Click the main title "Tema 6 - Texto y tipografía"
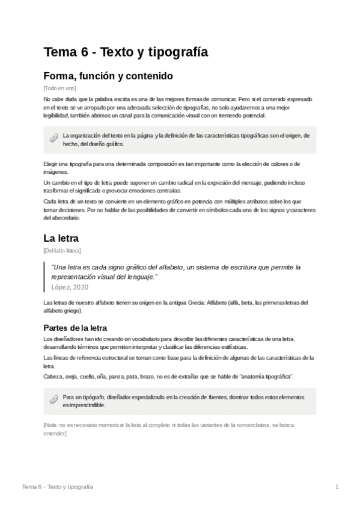coord(126,52)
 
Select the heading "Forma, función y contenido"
coord(108,76)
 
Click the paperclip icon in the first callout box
coord(53,139)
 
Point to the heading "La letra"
coord(61,238)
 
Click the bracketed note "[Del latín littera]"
coord(63,250)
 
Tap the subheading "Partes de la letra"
coord(75,328)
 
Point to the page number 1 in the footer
coord(337,486)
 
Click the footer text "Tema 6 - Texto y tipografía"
coord(57,486)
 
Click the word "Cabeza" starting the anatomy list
coord(53,376)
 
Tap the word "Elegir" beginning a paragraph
coord(51,164)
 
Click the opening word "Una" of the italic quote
coord(58,266)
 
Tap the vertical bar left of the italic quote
coord(45,276)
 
